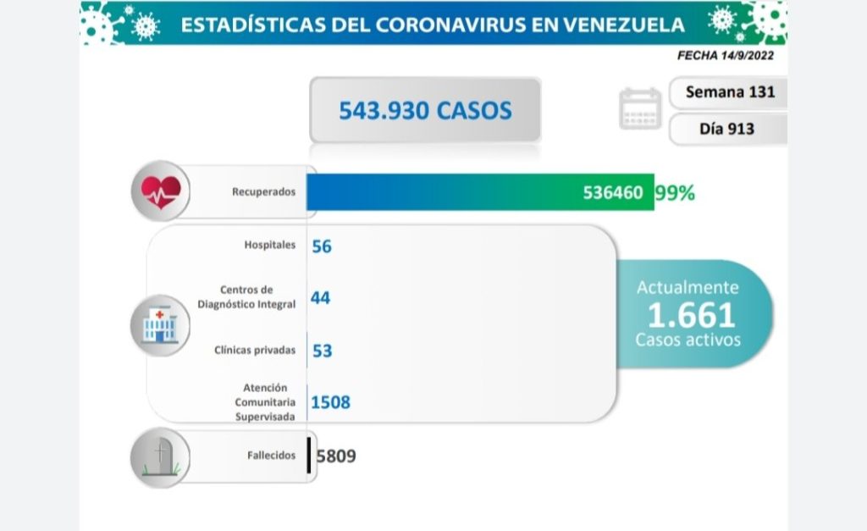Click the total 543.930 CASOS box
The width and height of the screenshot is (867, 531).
[x=425, y=110]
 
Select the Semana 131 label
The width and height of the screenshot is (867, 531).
[x=730, y=91]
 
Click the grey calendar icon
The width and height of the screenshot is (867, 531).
[x=640, y=109]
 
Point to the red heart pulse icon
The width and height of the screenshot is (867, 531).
[x=160, y=191]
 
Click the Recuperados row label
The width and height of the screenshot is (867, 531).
[x=263, y=192]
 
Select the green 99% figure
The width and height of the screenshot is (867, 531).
[x=675, y=193]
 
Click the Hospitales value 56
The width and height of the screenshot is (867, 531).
[x=322, y=246]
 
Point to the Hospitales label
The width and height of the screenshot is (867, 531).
[x=268, y=246]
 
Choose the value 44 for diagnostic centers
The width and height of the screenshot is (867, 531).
[x=321, y=298]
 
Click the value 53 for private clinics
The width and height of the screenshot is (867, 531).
[x=322, y=351]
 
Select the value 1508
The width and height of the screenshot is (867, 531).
[x=330, y=403]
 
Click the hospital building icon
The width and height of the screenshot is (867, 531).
[x=159, y=325]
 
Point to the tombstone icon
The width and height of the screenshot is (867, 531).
[x=160, y=457]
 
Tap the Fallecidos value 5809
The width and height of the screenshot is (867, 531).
[x=336, y=456]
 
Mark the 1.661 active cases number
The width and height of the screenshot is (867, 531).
[x=691, y=315]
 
